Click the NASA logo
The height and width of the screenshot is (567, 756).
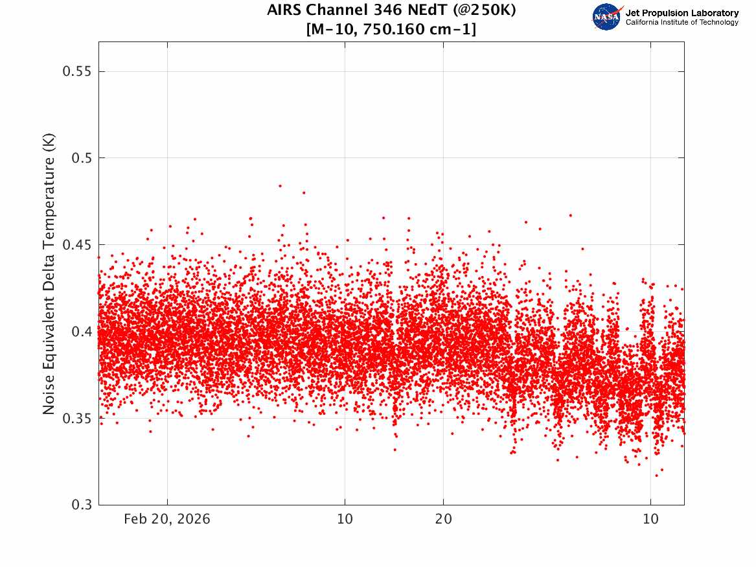coord(606,17)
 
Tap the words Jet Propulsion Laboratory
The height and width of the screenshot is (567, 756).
coord(682,13)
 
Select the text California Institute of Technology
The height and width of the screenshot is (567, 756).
coord(682,23)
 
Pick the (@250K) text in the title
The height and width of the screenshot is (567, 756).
coord(484,10)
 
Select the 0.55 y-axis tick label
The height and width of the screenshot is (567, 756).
coord(77,71)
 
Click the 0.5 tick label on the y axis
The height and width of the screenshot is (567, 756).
coord(82,158)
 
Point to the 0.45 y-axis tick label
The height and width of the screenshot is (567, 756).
coord(77,245)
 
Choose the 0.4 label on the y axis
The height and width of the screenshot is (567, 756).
coord(82,332)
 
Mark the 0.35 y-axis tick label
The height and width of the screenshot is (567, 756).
coord(77,418)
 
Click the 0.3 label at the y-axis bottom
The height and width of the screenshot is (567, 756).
coord(82,505)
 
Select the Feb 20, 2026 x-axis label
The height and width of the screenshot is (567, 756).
coord(167,519)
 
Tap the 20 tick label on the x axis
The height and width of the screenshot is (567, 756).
coord(444,519)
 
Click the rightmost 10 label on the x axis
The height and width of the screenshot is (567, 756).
coord(650,519)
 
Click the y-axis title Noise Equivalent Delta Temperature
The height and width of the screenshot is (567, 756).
coord(49,274)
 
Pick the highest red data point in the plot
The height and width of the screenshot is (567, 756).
coord(280,185)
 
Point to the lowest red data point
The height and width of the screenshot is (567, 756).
coord(656,476)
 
